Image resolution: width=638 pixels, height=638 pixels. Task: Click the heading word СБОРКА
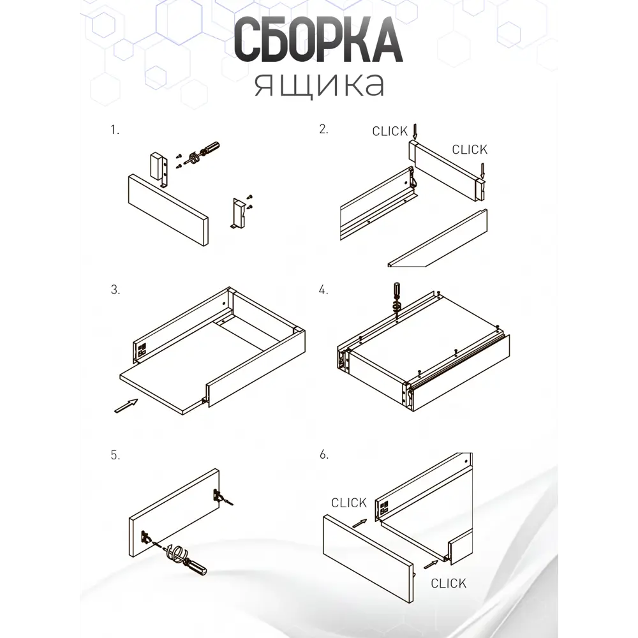[x=318, y=40]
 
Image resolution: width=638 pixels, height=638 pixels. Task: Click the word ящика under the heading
[x=320, y=85]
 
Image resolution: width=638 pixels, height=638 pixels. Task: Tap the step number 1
[x=115, y=130]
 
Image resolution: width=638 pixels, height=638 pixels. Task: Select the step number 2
[x=323, y=129]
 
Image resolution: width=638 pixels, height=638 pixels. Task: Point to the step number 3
[x=115, y=290]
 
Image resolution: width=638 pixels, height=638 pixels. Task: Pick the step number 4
[x=323, y=290]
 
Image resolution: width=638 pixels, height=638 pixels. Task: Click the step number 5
[x=115, y=455]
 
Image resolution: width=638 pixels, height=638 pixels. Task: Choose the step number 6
[x=324, y=454]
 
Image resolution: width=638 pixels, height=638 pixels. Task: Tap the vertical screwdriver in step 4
[x=396, y=300]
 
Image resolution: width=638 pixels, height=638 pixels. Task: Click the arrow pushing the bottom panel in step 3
[x=126, y=406]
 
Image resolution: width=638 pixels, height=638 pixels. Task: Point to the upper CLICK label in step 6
[x=349, y=503]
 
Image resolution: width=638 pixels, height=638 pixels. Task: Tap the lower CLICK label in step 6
[x=449, y=584]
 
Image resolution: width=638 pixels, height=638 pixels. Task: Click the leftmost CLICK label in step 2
[x=390, y=131]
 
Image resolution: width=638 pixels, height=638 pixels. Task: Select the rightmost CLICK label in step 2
[x=470, y=150]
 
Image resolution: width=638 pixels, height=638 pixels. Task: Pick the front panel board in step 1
[x=168, y=210]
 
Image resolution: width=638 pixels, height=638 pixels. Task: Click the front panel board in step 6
[x=368, y=558]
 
